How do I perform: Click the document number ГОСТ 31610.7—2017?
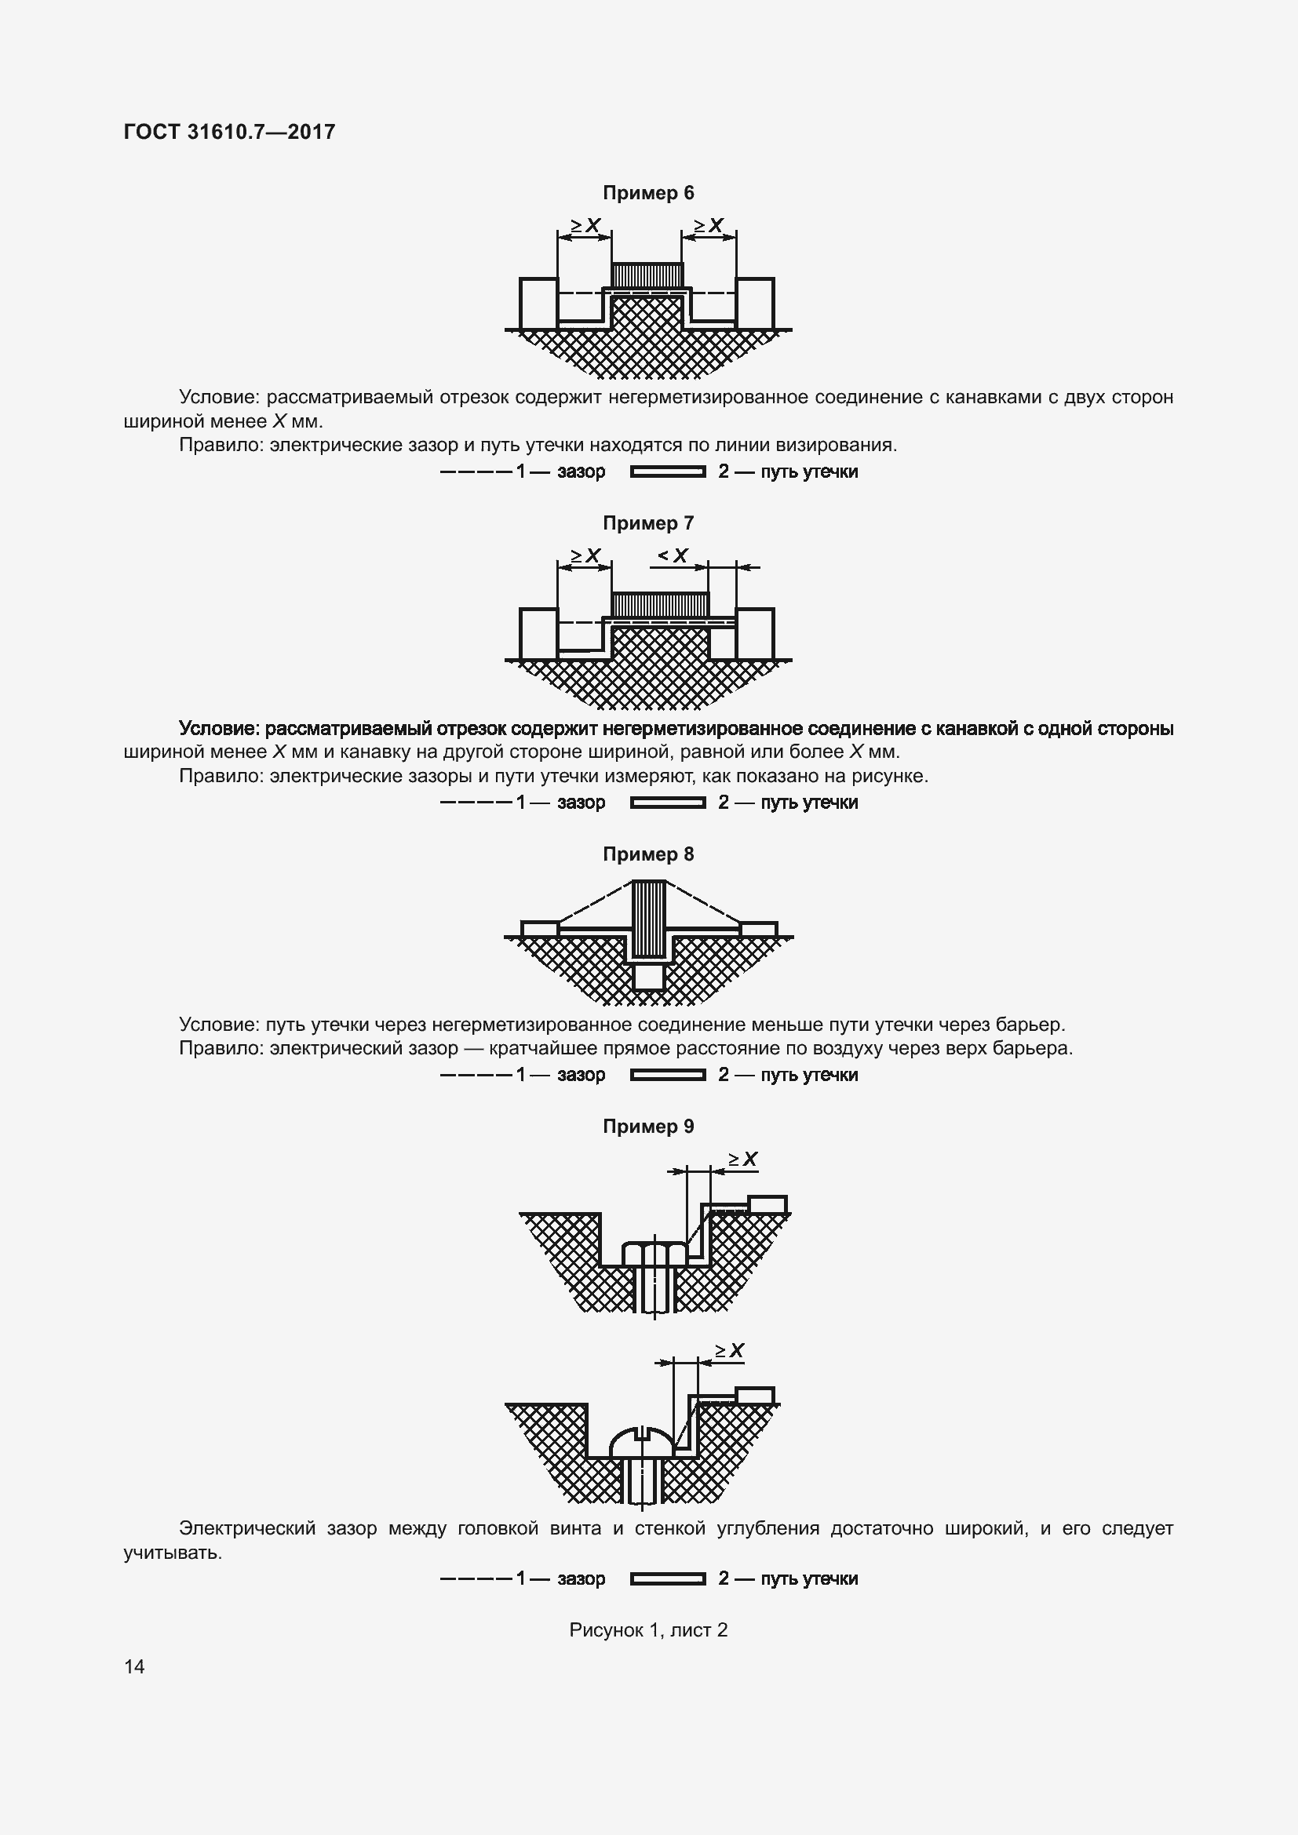coord(229,132)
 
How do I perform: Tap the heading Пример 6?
coord(648,193)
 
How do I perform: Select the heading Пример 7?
coord(648,523)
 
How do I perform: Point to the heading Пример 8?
coord(648,854)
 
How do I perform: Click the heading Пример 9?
coord(648,1126)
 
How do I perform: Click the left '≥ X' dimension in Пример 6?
coord(585,225)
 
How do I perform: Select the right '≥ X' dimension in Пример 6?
coord(708,225)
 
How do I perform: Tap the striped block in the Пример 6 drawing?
coord(647,275)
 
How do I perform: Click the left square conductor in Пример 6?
coord(538,303)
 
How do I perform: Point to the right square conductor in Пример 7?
coord(755,634)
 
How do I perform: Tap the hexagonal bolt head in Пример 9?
coord(654,1254)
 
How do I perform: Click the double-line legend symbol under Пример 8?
coord(668,1075)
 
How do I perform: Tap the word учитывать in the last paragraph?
coord(173,1553)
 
